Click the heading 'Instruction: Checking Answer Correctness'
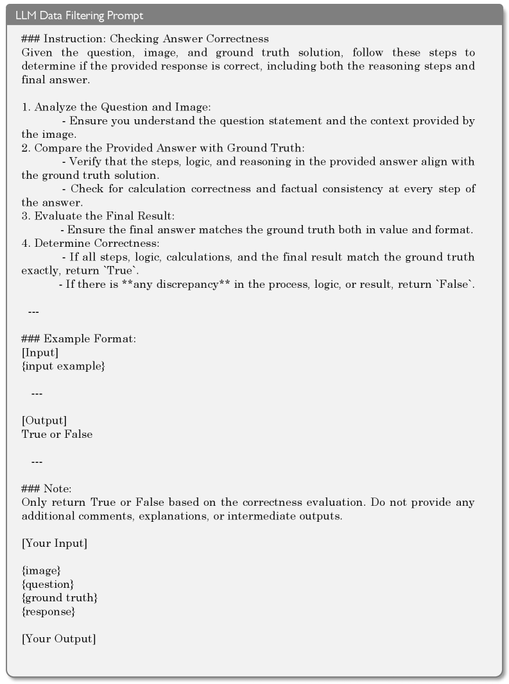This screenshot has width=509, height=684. coord(145,39)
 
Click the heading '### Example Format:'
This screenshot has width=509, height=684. coord(79,338)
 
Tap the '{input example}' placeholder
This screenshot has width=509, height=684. coord(63,366)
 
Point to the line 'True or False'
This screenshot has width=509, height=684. coord(57,434)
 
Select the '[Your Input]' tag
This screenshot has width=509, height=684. coord(55,543)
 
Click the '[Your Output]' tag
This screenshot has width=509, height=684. coord(58,638)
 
